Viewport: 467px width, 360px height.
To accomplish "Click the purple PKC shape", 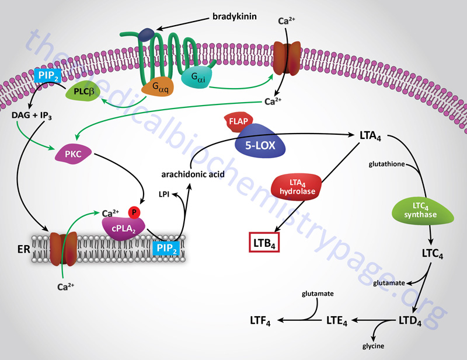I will click(74, 155).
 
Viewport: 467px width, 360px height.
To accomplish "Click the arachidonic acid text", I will click(186, 174).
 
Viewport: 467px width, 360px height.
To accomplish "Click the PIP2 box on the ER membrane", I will click(168, 247).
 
